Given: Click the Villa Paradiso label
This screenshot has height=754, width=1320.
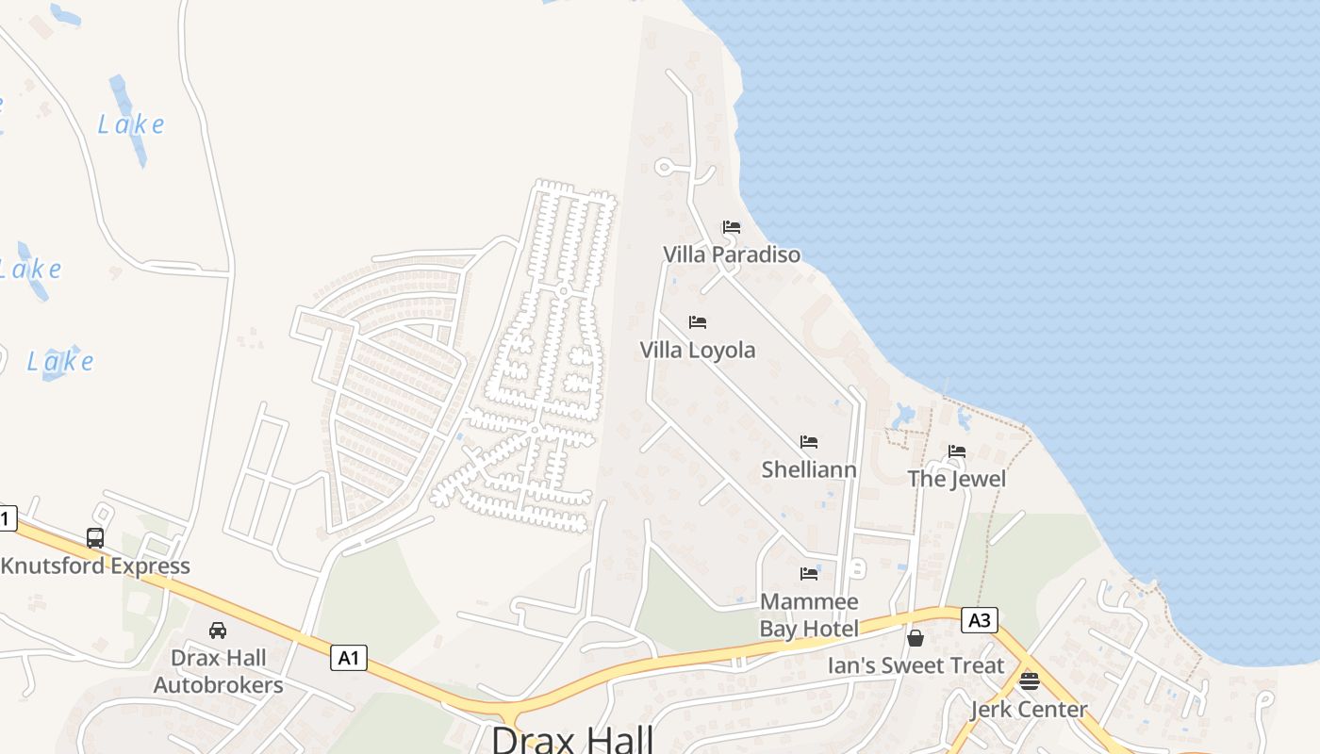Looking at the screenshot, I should point(732,254).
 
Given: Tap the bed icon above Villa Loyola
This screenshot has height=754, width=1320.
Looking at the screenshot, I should point(698,322).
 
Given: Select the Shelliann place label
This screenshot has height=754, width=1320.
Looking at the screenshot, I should point(809,469).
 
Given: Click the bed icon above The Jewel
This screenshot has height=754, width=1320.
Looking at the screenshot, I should point(957,451).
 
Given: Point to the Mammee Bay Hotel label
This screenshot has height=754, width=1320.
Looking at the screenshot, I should point(809,615).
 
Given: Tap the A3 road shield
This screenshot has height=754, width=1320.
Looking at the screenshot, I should point(980,619).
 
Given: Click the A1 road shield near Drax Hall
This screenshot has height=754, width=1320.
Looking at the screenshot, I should point(349,657).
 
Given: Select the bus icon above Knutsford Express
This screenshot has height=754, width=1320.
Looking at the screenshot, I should point(95,538).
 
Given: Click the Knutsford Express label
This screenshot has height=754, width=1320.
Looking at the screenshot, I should point(95,565).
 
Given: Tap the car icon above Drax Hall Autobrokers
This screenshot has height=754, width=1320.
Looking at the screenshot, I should point(218,631).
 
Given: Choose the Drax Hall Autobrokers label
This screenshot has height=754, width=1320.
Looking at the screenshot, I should point(218,671).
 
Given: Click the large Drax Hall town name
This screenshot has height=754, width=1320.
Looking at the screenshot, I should point(572,738).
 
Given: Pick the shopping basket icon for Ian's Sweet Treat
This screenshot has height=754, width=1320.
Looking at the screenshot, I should point(915,638).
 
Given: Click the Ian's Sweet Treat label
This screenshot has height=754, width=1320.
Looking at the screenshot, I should point(916,665).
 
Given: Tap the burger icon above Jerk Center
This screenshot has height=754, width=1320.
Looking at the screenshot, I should point(1029,681).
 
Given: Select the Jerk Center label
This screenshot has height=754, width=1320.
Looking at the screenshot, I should point(1029,709).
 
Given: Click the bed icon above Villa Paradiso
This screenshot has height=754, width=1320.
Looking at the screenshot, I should point(732,227).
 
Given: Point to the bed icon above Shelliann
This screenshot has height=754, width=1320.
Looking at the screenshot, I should point(809,442).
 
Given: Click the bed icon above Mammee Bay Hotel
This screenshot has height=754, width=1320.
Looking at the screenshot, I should point(809,574).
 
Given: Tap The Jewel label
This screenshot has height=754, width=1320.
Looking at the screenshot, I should point(957,479).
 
